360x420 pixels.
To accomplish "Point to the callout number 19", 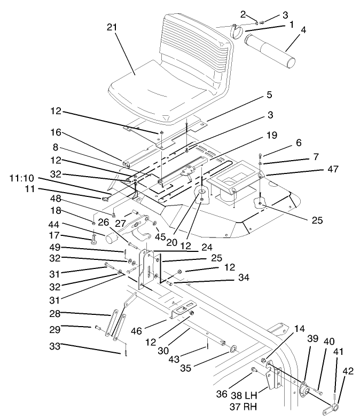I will click(x=271, y=136).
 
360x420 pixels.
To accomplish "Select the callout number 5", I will click(x=269, y=94).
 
